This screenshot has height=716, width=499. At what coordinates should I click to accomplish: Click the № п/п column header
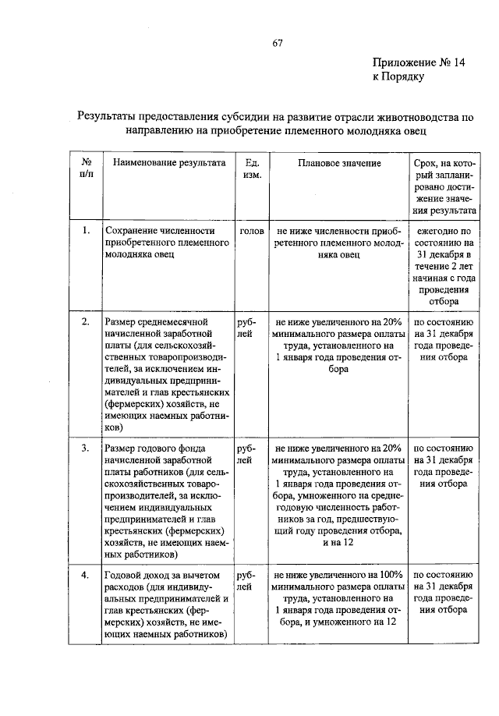pyautogui.click(x=84, y=169)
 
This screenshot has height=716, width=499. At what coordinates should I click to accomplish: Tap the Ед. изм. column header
pyautogui.click(x=251, y=169)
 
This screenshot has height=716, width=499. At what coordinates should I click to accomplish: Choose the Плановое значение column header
pyautogui.click(x=338, y=163)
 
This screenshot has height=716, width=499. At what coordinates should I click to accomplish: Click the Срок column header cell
pyautogui.click(x=444, y=186)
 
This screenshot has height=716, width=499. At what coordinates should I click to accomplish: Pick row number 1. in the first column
pyautogui.click(x=85, y=232)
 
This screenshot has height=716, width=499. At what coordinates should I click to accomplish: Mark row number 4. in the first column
pyautogui.click(x=85, y=576)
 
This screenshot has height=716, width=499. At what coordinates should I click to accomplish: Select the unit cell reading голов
pyautogui.click(x=251, y=232)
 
